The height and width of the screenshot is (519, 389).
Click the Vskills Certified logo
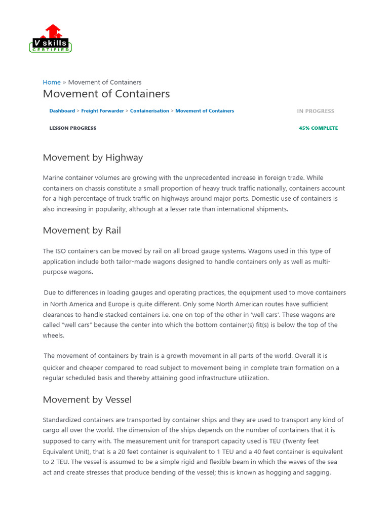[51, 39]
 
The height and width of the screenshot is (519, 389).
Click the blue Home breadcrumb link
[52, 82]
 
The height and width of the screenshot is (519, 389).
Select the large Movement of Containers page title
[106, 94]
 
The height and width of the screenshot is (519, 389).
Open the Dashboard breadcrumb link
[62, 111]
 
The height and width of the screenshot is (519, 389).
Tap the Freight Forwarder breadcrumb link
[102, 111]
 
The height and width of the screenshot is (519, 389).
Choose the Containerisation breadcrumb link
[149, 111]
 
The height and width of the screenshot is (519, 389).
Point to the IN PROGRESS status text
[316, 111]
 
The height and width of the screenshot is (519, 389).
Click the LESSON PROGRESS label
[72, 128]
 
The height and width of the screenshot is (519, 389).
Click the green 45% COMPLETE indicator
[318, 128]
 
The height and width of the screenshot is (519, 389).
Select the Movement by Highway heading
[93, 158]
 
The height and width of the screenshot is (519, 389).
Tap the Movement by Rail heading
[82, 231]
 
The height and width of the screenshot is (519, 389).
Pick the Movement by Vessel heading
[87, 400]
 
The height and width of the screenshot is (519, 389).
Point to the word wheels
[53, 336]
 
